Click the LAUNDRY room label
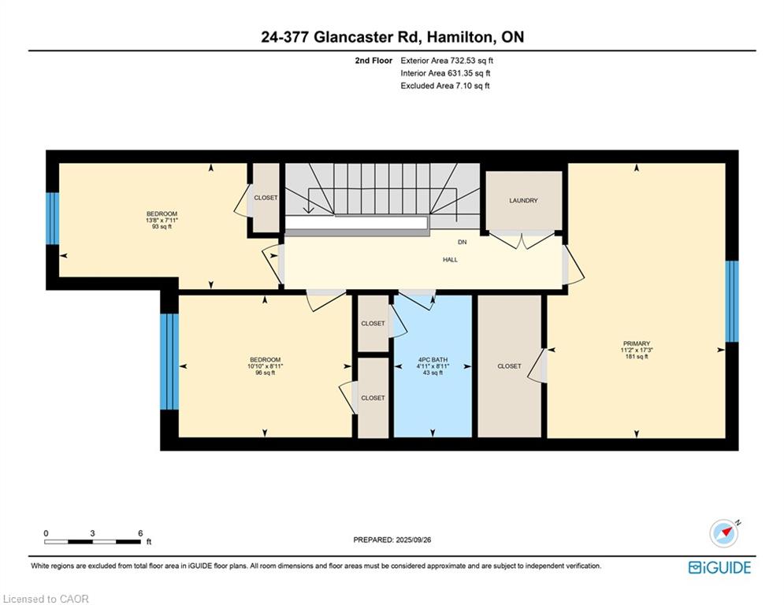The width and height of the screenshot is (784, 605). click(523, 200)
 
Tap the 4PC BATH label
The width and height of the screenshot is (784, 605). click(433, 360)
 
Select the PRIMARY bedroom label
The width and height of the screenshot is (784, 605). click(636, 343)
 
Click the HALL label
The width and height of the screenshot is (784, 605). click(450, 259)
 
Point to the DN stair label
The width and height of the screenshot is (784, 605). click(463, 242)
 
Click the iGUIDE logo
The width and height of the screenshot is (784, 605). click(719, 567)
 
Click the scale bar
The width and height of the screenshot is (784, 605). click(93, 541)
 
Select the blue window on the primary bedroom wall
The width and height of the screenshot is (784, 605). click(732, 301)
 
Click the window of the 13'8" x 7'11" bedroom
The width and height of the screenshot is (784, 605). click(52, 218)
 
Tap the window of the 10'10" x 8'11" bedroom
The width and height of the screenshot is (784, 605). click(169, 362)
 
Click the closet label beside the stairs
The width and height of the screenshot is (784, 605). click(266, 198)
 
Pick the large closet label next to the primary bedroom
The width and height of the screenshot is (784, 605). click(509, 366)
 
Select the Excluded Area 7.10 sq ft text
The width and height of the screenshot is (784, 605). click(445, 86)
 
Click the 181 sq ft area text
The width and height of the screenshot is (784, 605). click(636, 357)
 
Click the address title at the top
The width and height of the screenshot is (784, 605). click(392, 37)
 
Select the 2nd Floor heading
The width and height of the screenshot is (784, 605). click(373, 60)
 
